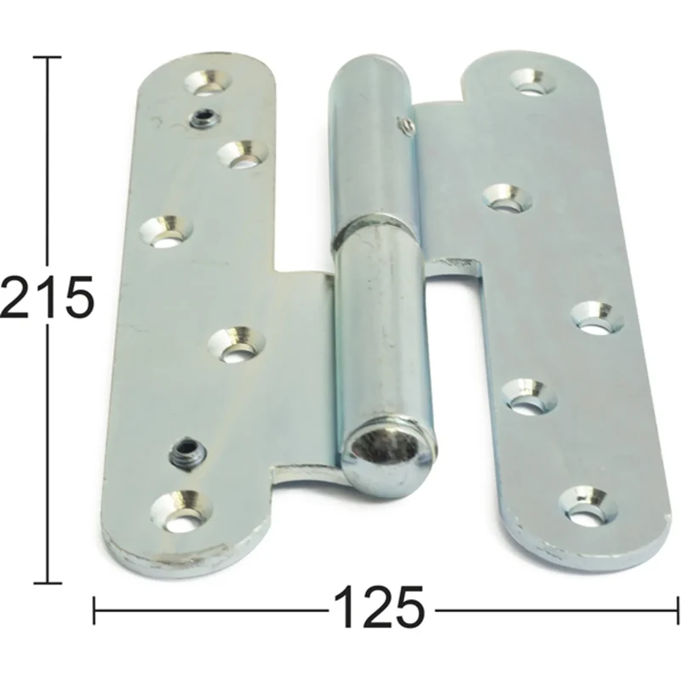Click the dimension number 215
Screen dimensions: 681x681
coord(47,296)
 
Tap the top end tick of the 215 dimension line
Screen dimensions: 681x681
coord(47,57)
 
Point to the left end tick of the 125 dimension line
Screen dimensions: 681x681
coord(95,610)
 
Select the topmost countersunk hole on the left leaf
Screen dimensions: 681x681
coord(207,82)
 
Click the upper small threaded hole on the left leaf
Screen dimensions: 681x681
coord(204,117)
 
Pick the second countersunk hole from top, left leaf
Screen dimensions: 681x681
coord(242,154)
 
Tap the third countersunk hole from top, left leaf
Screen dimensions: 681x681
coord(166,232)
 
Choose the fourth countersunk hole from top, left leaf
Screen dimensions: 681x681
coord(237,345)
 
